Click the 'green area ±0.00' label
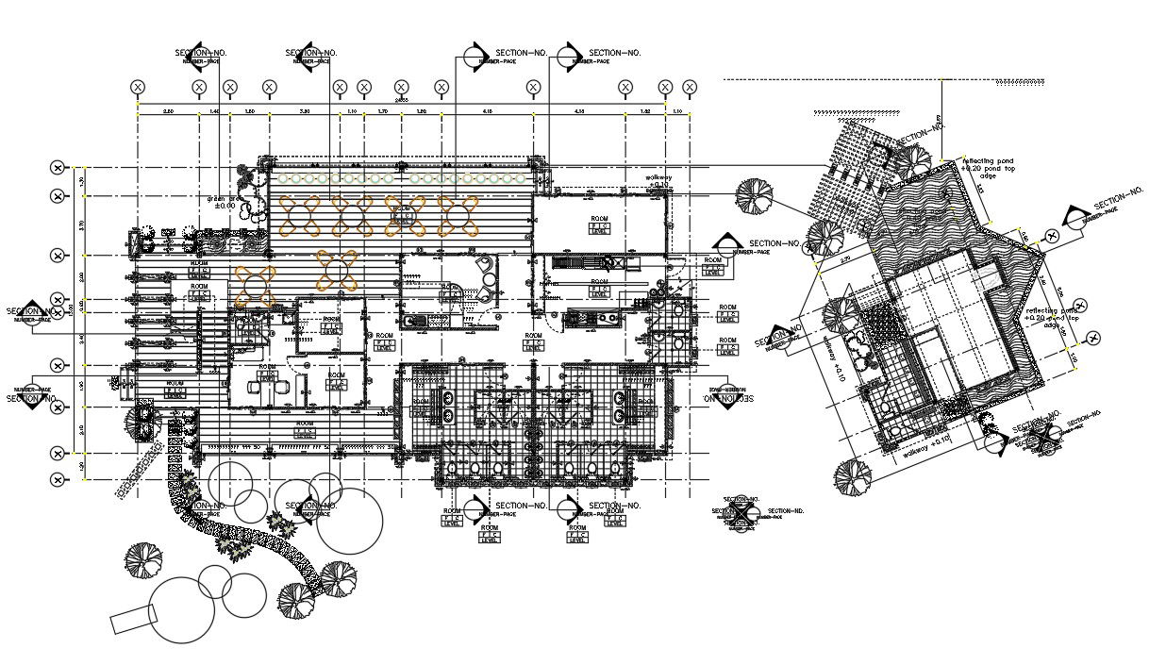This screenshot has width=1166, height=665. pos(223,202)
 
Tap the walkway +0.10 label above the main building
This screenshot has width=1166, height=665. pos(657,180)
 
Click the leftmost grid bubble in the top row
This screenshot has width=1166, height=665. pos(138,87)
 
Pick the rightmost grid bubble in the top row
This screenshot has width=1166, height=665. pos(687,87)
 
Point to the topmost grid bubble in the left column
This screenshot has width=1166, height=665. pos(58,168)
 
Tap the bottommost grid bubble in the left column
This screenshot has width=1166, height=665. pos(58,479)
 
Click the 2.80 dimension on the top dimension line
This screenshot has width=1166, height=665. pos(168,111)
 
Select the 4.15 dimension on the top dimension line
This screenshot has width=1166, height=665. pos(487,111)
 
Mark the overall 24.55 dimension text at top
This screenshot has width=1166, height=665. pos(401,99)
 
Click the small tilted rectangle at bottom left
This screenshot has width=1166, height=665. pos(131,619)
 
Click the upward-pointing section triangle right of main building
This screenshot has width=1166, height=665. pos(726,243)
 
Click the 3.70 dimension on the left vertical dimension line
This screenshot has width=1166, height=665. pos(82,225)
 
